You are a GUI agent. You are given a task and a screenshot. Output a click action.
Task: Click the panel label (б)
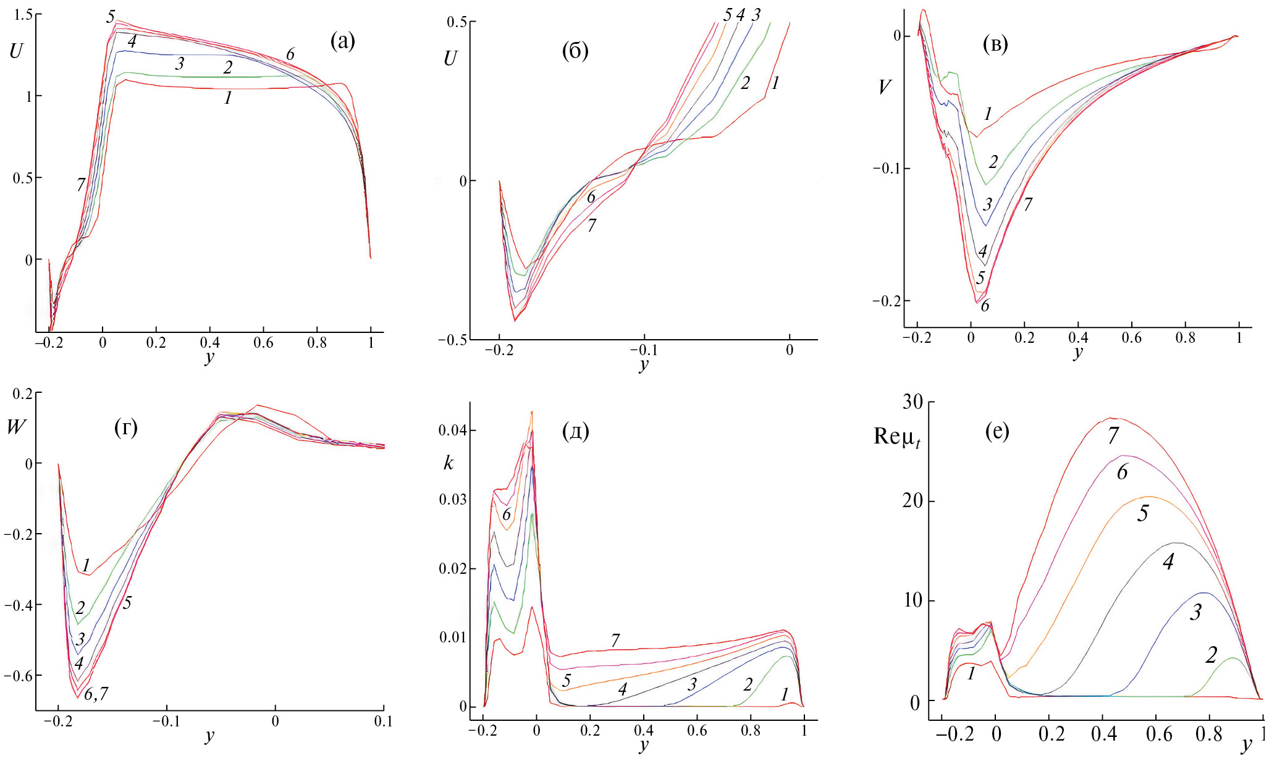pos(575,51)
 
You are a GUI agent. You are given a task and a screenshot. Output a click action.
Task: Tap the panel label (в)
pos(995,44)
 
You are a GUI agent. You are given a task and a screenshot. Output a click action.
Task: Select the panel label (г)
pos(126,427)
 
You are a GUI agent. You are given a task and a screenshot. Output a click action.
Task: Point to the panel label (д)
pos(575,431)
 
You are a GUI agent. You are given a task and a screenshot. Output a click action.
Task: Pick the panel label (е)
pos(997,431)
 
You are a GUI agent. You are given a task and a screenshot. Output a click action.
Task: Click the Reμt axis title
pos(896,437)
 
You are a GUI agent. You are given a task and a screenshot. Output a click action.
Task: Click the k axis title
pos(449,463)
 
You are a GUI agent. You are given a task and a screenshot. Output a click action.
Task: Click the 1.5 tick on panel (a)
pos(23,15)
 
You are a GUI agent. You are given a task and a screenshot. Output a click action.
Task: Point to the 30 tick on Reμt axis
pos(912,402)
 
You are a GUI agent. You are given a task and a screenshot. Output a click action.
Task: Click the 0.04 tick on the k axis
pos(452,431)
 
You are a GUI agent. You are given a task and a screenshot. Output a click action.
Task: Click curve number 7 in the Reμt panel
pos(1113,437)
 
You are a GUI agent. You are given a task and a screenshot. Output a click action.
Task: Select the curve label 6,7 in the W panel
pos(96,694)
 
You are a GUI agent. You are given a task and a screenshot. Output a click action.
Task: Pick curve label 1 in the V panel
pos(988,114)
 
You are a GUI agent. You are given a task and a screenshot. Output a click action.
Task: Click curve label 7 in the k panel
pos(615,641)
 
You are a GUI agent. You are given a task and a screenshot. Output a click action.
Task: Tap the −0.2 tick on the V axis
pos(885,301)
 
